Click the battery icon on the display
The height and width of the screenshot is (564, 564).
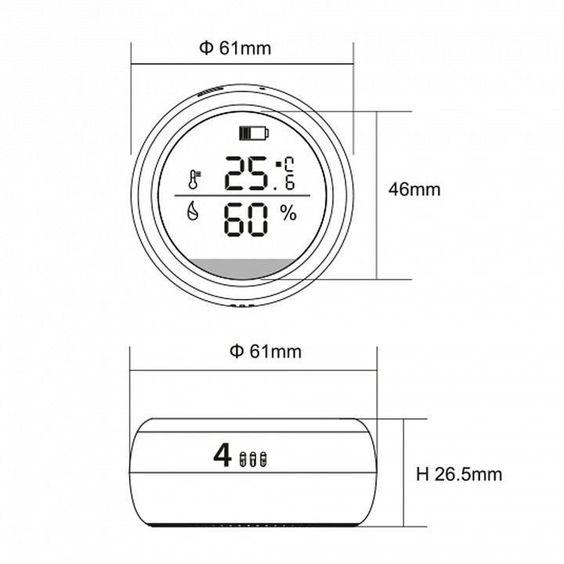[255, 133]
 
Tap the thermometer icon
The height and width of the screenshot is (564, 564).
[194, 180]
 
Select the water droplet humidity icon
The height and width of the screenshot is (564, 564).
[193, 211]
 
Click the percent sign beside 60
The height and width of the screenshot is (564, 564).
[288, 214]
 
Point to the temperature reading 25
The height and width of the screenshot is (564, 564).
[246, 173]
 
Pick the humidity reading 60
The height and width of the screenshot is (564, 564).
[246, 219]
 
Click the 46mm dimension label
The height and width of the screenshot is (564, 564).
[414, 190]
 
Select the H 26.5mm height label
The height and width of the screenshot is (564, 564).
[459, 474]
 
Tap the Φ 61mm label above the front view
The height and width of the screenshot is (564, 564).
[235, 49]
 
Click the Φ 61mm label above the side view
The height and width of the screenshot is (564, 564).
[266, 352]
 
